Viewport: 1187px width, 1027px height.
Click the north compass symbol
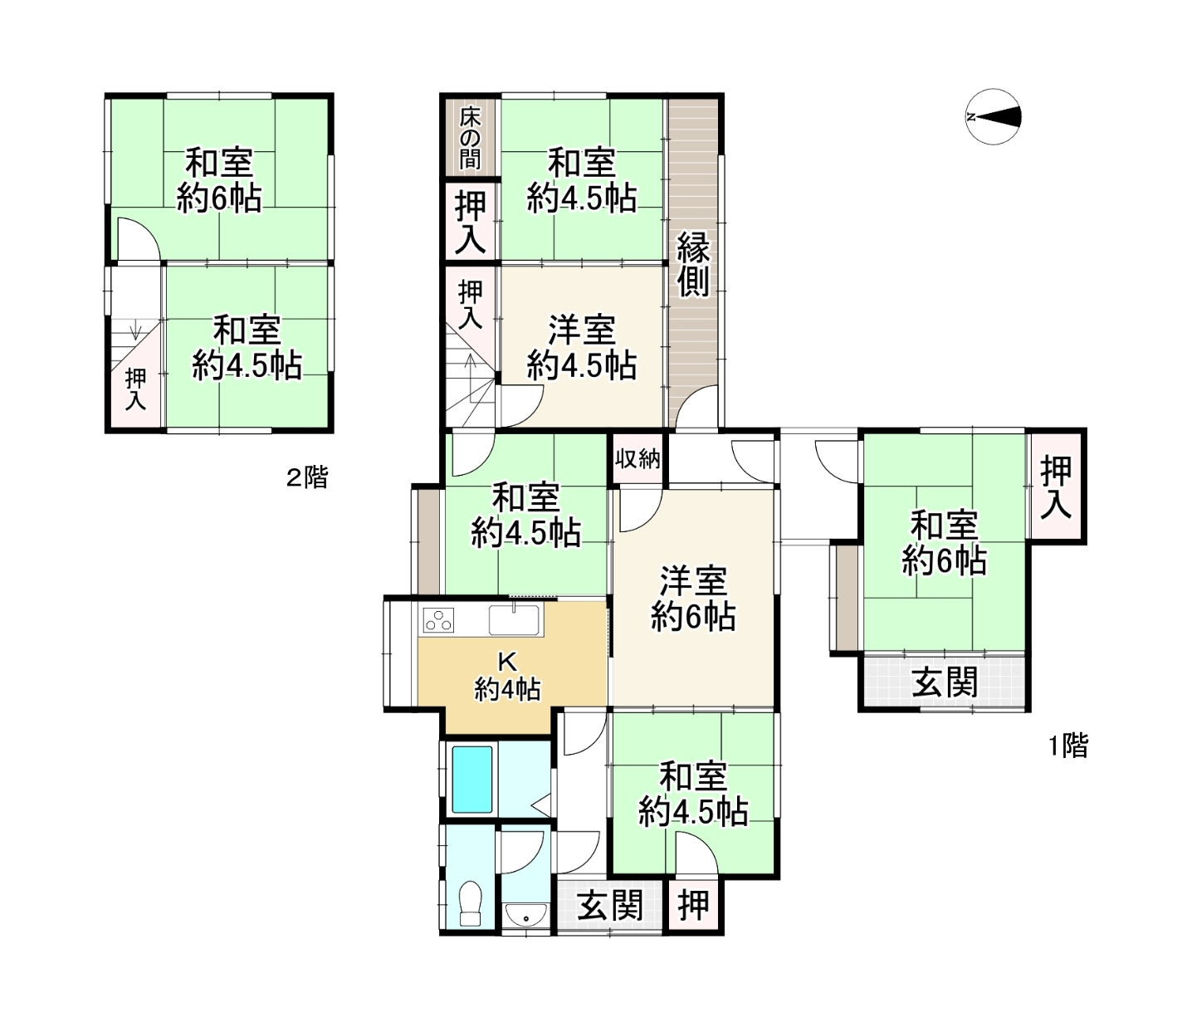point(993,116)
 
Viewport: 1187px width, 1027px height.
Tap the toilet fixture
point(471,903)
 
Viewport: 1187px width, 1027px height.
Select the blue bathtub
point(472,779)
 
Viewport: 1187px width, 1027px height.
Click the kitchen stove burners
point(438,620)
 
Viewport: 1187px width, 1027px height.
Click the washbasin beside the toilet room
point(525,913)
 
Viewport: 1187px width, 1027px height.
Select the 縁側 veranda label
point(693,264)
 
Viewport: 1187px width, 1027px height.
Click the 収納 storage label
point(638,459)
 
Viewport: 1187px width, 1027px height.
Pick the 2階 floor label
point(307,477)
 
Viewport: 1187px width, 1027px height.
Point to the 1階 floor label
point(1068,746)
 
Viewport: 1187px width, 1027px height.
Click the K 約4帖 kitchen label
point(507,678)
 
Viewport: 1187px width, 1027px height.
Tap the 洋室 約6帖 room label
point(693,599)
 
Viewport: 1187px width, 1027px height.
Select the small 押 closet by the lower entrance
point(693,906)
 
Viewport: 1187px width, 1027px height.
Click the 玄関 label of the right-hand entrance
point(945,683)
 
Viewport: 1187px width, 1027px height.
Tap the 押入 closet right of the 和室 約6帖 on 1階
point(1057,487)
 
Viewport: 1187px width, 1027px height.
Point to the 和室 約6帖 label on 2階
point(219,181)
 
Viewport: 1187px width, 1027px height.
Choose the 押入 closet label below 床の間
point(471,223)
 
